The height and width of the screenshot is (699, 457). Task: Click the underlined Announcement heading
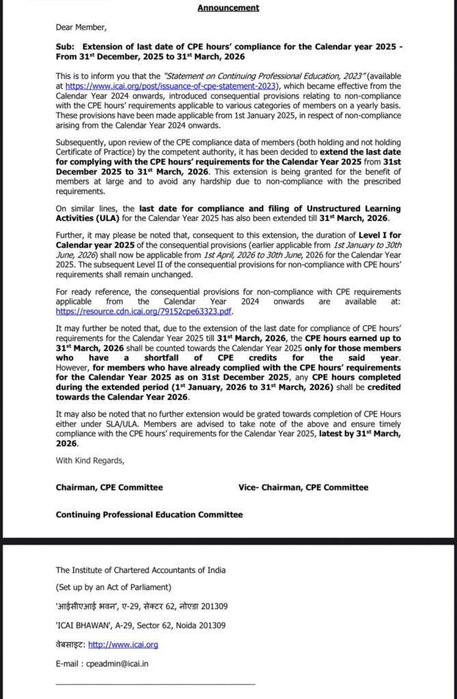[228, 8]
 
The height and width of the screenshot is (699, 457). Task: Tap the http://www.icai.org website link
[124, 644]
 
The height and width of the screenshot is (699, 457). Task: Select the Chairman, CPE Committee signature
[109, 487]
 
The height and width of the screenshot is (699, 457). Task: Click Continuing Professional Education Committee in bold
[149, 515]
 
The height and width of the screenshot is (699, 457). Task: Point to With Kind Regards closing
[90, 461]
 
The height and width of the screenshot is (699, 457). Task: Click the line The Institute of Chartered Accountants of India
[141, 570]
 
